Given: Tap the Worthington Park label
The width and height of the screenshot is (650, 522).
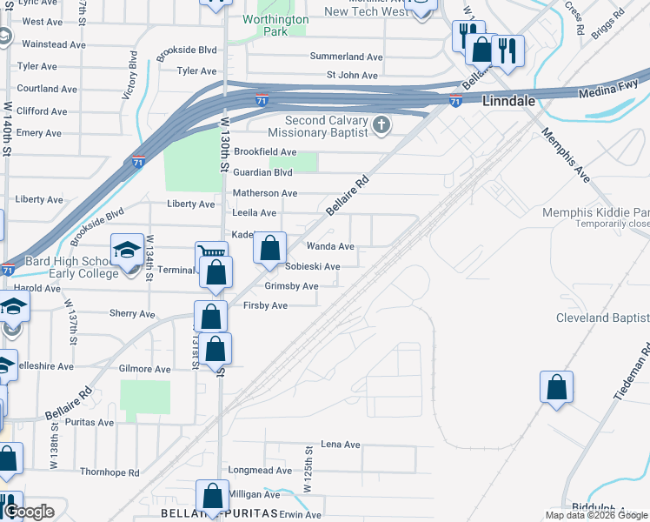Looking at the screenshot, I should click(275, 25).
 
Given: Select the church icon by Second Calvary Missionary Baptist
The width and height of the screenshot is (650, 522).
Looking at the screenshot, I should click(380, 127).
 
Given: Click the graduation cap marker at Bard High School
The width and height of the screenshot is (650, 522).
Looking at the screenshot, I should click(127, 253).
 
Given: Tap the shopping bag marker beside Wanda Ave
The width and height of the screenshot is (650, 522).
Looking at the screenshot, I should click(270, 248).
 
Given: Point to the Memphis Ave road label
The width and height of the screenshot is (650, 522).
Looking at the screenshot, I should click(565, 155).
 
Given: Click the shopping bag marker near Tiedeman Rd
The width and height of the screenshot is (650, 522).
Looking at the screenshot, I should click(556, 387).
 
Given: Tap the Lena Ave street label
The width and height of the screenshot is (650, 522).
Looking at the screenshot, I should click(340, 445).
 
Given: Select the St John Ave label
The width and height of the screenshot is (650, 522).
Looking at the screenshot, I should click(351, 76).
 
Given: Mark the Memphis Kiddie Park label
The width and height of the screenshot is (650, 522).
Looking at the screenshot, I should click(595, 212).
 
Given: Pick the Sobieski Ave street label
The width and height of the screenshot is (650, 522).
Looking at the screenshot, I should click(313, 266).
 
